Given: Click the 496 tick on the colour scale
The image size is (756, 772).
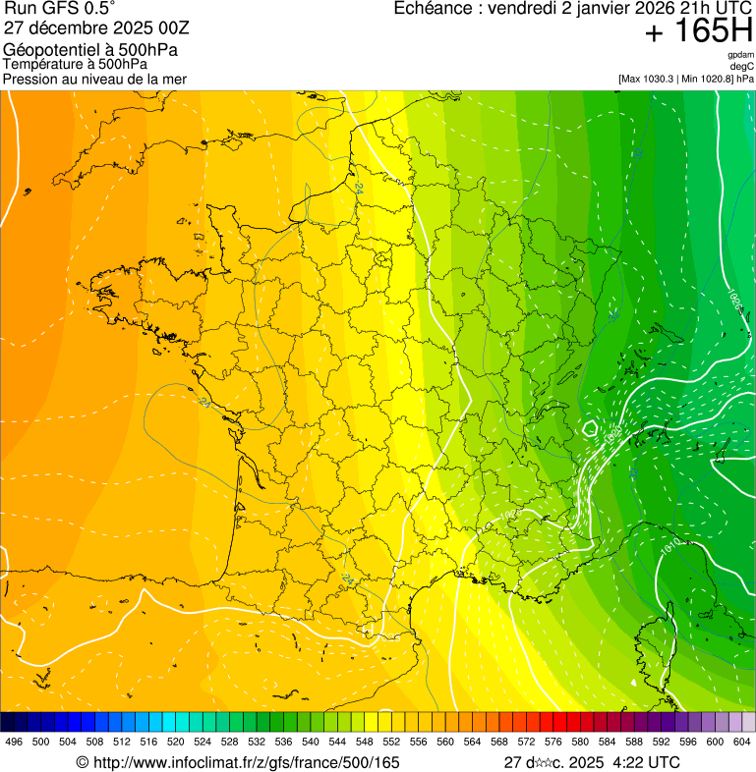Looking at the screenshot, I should point(14,742).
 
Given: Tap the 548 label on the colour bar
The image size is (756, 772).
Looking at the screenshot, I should point(363,742).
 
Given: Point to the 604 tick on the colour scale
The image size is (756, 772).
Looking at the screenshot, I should point(741,742).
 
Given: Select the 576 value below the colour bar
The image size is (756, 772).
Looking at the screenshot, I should point(553,742).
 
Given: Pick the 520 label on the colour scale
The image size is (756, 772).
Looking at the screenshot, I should point(175,742).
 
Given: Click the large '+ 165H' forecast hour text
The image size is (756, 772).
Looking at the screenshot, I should point(699,31).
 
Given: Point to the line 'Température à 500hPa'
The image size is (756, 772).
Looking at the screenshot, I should point(76,64).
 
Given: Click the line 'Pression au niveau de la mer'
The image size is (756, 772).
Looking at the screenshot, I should point(94,79).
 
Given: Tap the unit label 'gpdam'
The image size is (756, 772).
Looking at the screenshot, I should point(740,55).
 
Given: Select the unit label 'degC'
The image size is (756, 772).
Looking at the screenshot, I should point(742,66).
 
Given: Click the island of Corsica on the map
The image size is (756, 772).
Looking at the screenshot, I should point(661,638).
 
